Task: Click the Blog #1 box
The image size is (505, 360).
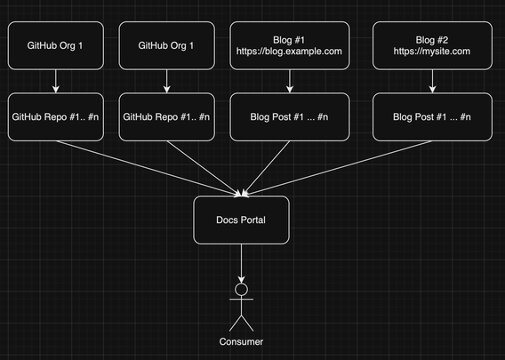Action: tap(290, 45)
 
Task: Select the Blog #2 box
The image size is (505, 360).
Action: tap(432, 45)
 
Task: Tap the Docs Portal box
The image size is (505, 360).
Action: tap(241, 220)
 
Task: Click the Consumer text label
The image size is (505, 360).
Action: tap(241, 341)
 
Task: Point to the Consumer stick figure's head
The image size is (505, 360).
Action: tap(241, 289)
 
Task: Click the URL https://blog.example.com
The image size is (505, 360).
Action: tap(289, 52)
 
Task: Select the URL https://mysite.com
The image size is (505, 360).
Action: tap(432, 52)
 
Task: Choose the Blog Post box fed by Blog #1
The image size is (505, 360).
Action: tap(290, 116)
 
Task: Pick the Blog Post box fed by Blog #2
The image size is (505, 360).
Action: tap(432, 116)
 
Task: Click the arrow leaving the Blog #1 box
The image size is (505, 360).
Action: tap(290, 81)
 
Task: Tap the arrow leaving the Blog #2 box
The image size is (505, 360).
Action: tap(432, 81)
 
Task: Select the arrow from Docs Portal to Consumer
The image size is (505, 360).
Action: tap(241, 263)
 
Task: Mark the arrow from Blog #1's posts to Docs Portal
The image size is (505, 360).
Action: tap(266, 168)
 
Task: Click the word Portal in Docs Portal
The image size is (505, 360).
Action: tap(252, 220)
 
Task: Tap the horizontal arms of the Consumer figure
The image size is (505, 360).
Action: tap(241, 300)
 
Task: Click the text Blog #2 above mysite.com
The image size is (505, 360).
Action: tap(432, 40)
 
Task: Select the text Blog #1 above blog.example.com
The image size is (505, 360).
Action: tap(289, 40)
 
